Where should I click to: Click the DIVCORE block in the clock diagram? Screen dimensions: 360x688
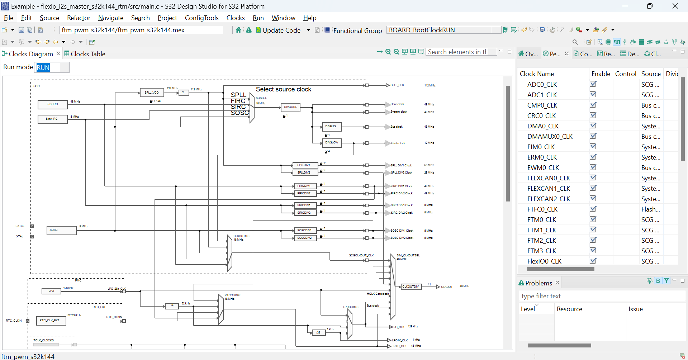coord(290,107)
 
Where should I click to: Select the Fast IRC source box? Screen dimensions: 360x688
coord(53,104)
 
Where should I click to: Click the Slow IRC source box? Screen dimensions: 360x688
coord(52,119)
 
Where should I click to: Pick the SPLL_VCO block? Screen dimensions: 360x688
coord(152,93)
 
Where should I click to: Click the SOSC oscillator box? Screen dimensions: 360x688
coord(61,230)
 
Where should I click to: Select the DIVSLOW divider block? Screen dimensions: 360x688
coord(332,143)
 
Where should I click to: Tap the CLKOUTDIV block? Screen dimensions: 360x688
coord(411,286)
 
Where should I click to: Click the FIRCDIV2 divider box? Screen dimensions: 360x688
coord(304,194)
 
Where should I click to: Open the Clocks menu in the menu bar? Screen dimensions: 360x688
coord(235,18)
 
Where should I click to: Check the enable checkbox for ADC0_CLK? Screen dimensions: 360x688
coord(593,84)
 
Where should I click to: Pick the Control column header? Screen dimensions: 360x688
coord(626,74)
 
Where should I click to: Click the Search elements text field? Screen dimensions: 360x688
coord(461,52)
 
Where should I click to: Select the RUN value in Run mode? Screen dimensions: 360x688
coord(43,67)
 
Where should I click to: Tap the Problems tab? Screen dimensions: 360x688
coord(538,283)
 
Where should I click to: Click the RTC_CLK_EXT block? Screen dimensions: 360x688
coord(51,321)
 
